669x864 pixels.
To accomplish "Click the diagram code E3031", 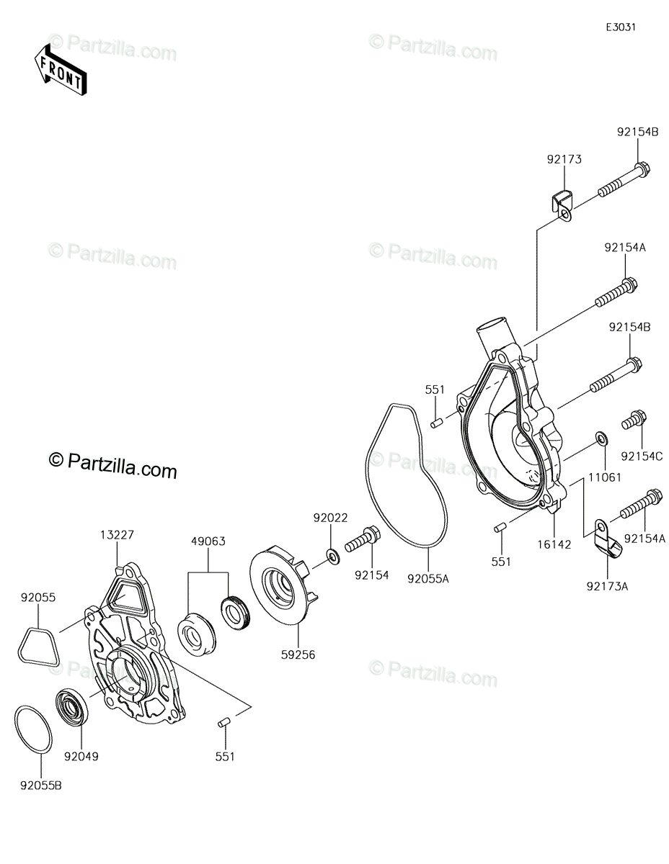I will (620, 27).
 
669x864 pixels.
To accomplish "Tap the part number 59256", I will (300, 654).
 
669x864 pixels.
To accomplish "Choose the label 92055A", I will (428, 577).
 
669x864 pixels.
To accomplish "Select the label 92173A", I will (608, 586).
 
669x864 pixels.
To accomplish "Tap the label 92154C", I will (642, 456).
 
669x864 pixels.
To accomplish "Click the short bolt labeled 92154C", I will (634, 421).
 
